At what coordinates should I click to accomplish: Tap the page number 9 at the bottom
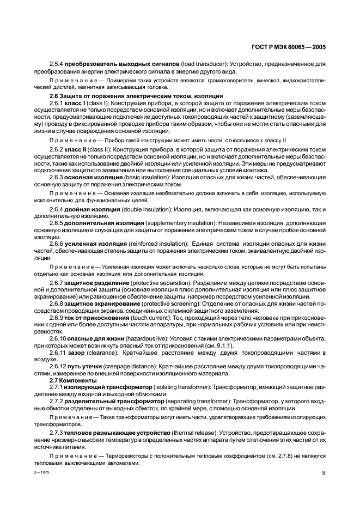pos(324,472)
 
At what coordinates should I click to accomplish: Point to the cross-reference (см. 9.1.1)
pos(218,345)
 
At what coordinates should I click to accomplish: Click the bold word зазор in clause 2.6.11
pos(74,352)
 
